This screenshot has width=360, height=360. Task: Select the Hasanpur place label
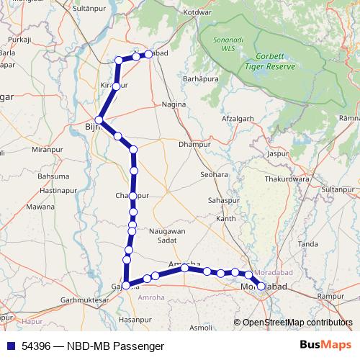[132, 318]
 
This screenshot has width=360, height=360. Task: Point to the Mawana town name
[40, 207]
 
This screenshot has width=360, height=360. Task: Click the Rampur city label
[332, 296]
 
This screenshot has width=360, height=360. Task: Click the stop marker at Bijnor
[99, 120]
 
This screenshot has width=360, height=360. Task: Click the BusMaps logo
[326, 345]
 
